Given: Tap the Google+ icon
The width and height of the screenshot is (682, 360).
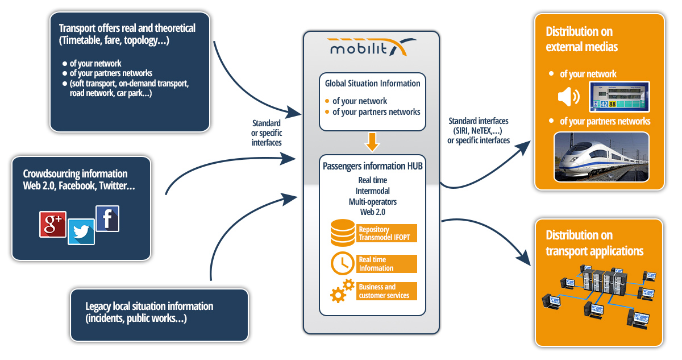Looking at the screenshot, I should [53, 224].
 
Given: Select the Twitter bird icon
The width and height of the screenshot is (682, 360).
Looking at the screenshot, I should [81, 232].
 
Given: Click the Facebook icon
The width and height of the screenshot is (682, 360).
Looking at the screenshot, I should [107, 218].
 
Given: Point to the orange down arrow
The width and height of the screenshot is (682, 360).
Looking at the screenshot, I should [372, 142].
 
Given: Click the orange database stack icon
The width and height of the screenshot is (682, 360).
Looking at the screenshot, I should [342, 233].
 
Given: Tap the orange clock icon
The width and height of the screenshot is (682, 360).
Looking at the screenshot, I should [342, 263].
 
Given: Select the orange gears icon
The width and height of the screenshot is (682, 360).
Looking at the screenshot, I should [342, 291].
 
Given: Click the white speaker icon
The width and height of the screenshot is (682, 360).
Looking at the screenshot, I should [568, 97].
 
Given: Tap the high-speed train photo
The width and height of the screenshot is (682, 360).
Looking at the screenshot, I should [601, 157].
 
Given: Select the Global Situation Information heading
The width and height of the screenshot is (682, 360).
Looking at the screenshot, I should [372, 84].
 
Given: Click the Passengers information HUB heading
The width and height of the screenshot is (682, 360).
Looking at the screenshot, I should [372, 167].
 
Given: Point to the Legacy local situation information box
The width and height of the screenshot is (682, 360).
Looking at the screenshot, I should [160, 315].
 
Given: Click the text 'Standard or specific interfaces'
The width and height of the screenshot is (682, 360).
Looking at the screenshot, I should [267, 133].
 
